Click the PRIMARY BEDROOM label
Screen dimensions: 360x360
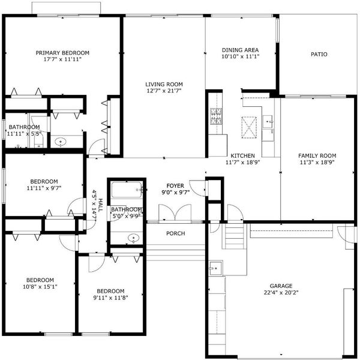pos(62,53)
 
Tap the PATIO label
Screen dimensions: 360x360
pos(319,55)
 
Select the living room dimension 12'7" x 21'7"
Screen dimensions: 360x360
pos(164,91)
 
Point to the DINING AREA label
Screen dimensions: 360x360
pos(240,50)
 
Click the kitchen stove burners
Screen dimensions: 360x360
pos(216,116)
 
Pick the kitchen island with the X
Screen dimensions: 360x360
pos(249,127)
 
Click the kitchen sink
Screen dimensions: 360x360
pos(268,121)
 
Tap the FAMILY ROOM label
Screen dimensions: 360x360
pos(317,155)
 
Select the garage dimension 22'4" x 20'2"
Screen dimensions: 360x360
pos(281,293)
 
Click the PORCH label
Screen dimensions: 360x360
pos(175,233)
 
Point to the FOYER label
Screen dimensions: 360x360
pos(175,185)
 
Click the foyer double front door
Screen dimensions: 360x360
pos(175,213)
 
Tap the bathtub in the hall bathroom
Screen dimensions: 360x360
pos(127,190)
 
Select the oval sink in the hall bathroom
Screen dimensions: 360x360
pos(133,238)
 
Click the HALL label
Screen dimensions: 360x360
pos(101,205)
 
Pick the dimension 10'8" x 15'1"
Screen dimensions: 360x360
pos(40,287)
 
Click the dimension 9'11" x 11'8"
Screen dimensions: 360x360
pos(110,298)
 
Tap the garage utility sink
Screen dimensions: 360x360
pos(215,268)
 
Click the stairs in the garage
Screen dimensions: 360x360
pos(234,236)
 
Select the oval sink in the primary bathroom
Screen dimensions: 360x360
pos(61,142)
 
